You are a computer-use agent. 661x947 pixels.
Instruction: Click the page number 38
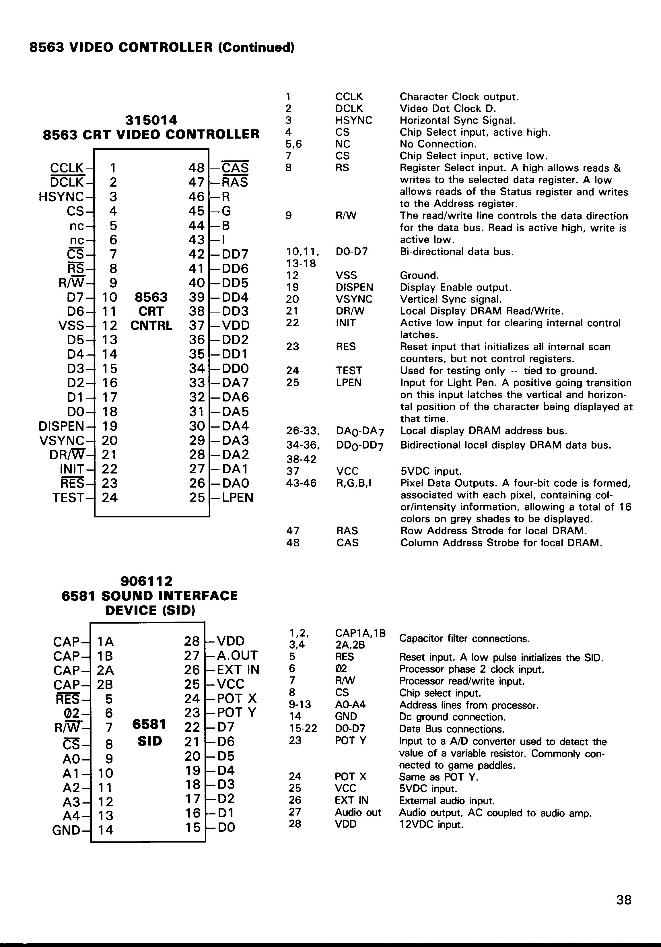tap(623, 900)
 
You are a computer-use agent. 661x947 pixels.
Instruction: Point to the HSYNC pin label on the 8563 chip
tap(61, 197)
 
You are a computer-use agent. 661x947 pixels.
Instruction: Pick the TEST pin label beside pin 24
tap(68, 498)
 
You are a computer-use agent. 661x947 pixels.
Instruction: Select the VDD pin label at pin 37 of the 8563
tap(236, 325)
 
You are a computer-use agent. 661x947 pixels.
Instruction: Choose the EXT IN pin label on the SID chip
tap(238, 670)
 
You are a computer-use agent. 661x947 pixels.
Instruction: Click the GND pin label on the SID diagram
tap(66, 830)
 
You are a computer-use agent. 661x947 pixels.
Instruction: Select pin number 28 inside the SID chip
tap(192, 641)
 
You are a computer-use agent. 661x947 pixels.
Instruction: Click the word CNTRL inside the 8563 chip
tap(151, 326)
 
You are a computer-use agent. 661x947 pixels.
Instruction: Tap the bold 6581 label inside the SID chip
tap(149, 724)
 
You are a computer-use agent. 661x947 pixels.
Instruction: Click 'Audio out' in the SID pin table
tap(358, 812)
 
